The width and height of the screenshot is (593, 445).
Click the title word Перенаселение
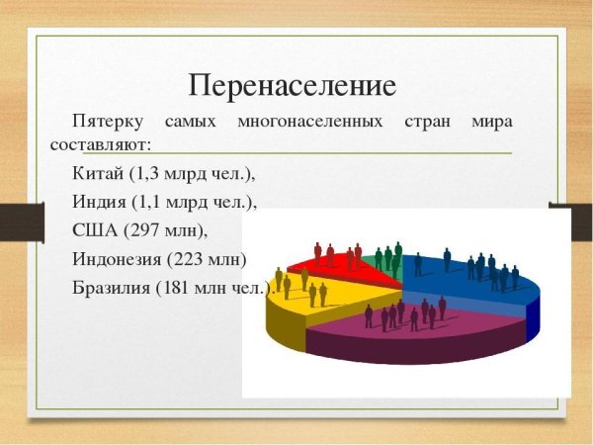[293, 86]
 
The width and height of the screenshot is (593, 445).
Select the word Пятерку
[105, 123]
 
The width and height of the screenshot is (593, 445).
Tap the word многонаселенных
[309, 123]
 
